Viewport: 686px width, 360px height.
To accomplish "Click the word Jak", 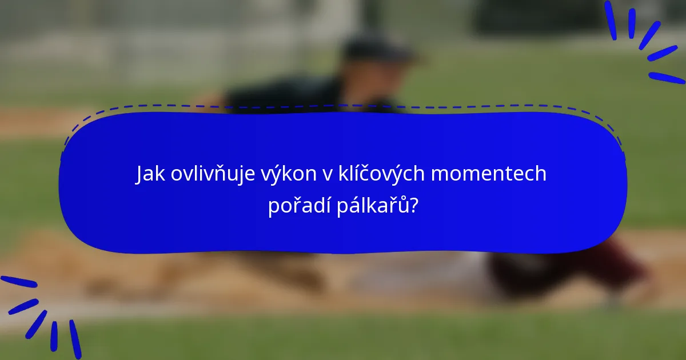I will [x=150, y=174].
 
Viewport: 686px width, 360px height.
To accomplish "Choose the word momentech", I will [x=489, y=174].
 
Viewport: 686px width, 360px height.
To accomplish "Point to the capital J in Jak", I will [x=139, y=174].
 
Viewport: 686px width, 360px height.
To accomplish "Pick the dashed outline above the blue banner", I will [x=343, y=106].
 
